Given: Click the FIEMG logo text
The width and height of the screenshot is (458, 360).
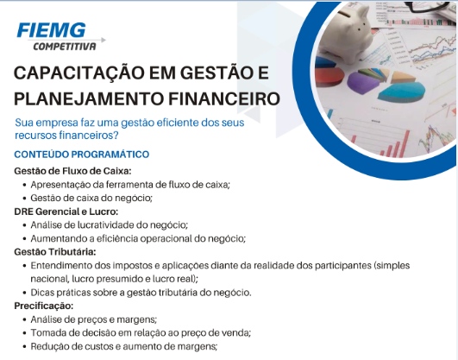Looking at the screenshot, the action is pos(52,30).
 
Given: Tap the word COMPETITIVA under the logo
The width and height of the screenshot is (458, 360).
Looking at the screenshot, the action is pos(65,47).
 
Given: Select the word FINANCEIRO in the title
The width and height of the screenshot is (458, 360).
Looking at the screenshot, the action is pos(224,98).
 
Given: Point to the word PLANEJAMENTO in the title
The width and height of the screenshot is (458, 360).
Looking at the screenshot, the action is pos(89,98).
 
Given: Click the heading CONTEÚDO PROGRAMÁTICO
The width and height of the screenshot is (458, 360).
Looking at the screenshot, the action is pos(82,155).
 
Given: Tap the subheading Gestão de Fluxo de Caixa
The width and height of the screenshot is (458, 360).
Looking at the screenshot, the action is pos(72,171).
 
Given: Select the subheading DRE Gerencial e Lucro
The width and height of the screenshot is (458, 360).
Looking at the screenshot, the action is pos(66,212).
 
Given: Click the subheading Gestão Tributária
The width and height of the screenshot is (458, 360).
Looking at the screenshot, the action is pos(55,252).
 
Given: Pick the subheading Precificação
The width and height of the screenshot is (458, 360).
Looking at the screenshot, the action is pos(44,306).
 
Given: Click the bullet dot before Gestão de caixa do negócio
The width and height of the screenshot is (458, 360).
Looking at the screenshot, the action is pos(24,199).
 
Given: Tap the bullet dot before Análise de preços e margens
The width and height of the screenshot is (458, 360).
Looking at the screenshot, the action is pos(24,320).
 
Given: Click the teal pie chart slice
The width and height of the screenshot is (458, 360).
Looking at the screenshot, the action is pos(402,92).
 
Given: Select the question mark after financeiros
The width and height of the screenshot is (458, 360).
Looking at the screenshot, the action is pos(116,136).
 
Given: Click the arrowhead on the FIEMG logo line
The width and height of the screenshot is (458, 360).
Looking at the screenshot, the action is pos(104,40).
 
